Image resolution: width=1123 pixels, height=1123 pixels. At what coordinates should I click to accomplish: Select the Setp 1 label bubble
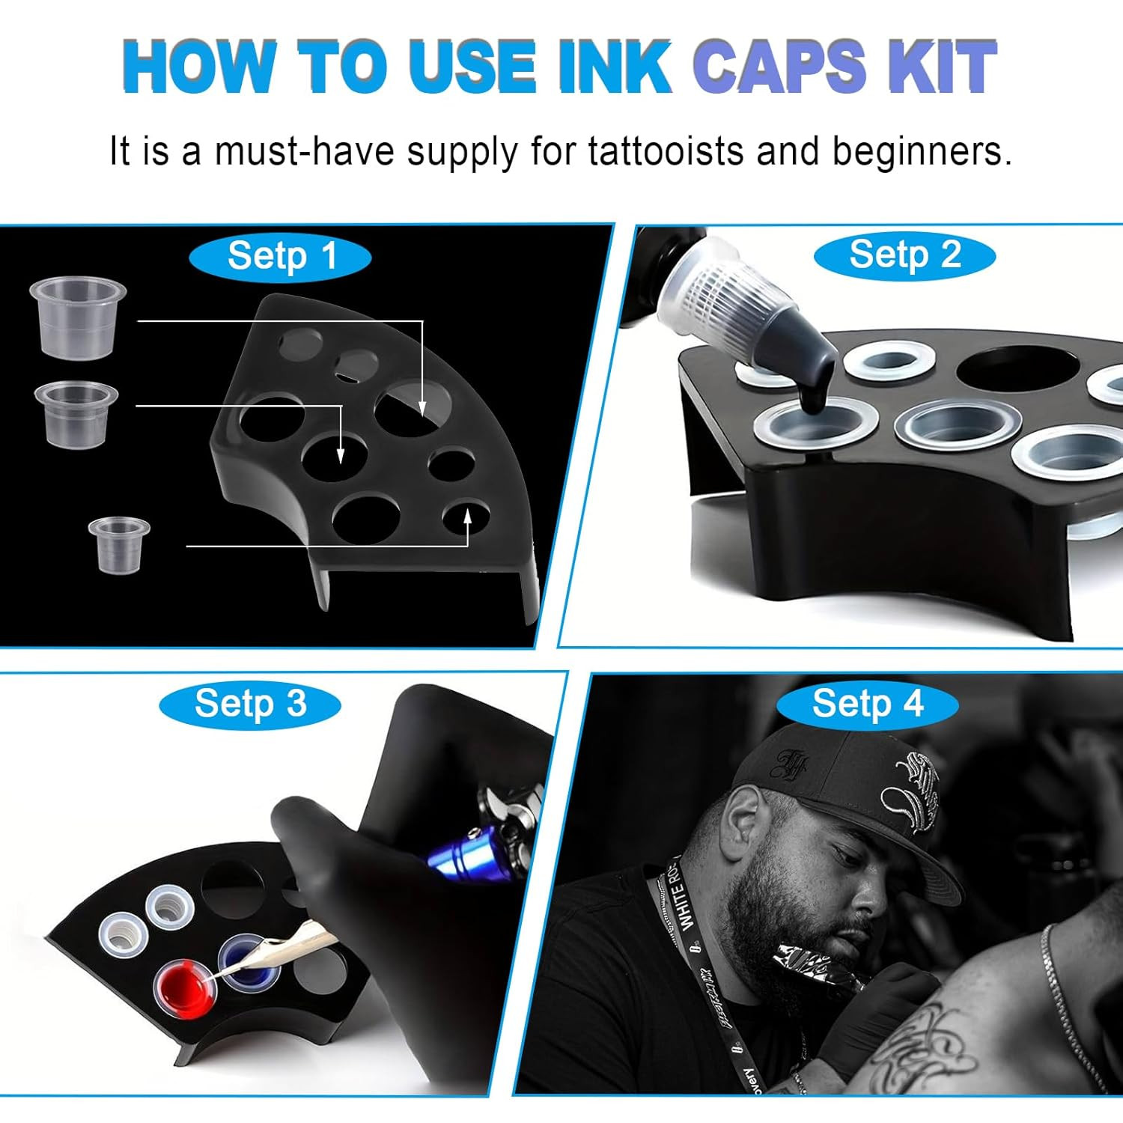pos(280,257)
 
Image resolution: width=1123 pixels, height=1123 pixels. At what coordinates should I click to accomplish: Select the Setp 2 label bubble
pos(904,255)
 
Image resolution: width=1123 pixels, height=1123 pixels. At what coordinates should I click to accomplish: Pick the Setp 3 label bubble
pos(250,704)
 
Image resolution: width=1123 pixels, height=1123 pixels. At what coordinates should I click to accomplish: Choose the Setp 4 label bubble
pos(867,704)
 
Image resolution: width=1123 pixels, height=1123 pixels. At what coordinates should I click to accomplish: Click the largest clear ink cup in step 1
pos(77,317)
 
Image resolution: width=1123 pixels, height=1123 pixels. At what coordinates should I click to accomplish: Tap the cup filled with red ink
pos(186,982)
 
